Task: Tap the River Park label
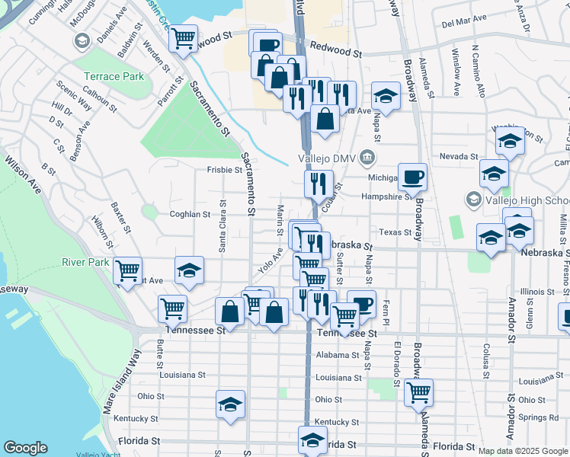87,263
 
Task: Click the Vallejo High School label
526,200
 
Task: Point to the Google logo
25,448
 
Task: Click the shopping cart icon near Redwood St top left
183,37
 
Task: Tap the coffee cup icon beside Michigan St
412,177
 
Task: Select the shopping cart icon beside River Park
128,269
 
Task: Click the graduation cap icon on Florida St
312,439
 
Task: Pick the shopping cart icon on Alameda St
418,391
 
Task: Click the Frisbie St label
224,170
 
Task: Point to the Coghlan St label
190,215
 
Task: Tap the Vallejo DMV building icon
367,158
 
